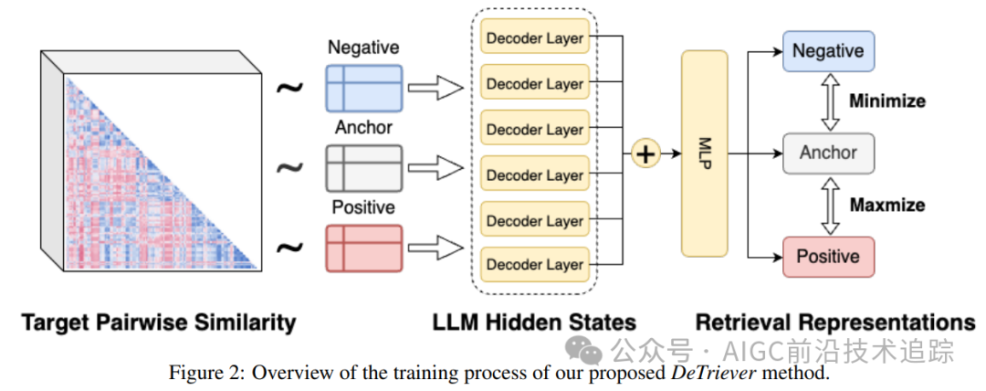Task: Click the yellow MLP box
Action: point(704,153)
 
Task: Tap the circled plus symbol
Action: point(645,153)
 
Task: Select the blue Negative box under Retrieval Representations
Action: point(828,50)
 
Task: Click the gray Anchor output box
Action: point(828,153)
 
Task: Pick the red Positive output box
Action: point(828,257)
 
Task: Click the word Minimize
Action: point(887,101)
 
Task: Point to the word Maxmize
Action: point(887,205)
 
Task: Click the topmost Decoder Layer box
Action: point(534,37)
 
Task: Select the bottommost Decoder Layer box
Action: point(534,265)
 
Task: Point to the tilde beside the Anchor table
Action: point(290,167)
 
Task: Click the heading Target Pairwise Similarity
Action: point(158,322)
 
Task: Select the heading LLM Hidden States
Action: point(534,322)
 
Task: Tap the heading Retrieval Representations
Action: point(835,322)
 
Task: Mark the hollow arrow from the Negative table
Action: point(435,88)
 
